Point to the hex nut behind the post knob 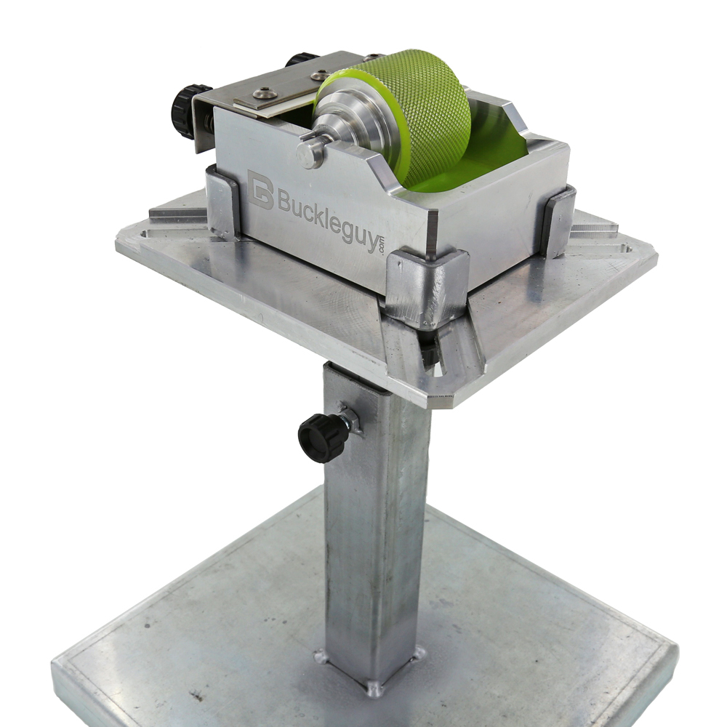pyautogui.click(x=351, y=419)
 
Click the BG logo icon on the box pyautogui.click(x=260, y=189)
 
